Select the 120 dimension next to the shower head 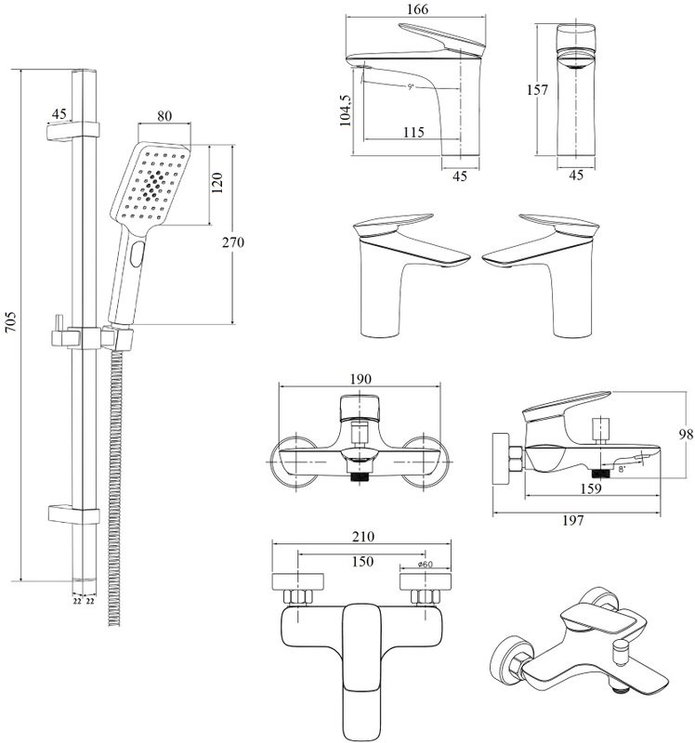[x=217, y=183]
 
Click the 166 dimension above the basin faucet [x=415, y=10]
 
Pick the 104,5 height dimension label [x=346, y=110]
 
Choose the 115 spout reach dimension [x=414, y=133]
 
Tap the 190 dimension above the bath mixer [x=362, y=380]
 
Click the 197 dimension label [x=572, y=520]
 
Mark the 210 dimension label [x=362, y=538]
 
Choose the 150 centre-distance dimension [x=362, y=561]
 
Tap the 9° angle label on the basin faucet [x=410, y=87]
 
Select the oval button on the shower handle [x=138, y=251]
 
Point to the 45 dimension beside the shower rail [x=59, y=113]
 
